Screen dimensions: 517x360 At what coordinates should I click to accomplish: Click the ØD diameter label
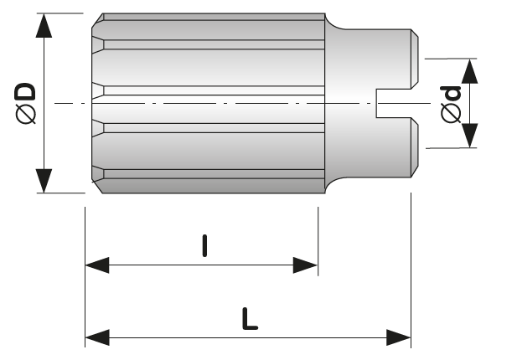pos(25,104)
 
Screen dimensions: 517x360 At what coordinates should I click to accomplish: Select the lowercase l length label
pos(204,245)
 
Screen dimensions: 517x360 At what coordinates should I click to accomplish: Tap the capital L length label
pos(250,319)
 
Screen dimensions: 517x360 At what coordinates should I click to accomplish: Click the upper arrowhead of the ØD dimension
pos(44,26)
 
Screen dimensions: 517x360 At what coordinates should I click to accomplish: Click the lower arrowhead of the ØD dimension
pos(44,181)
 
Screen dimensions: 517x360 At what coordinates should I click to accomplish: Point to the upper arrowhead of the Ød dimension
pos(469,71)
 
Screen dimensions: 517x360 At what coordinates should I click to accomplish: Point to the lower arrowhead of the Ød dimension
pos(469,136)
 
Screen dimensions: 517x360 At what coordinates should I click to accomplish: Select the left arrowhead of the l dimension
pos(97,265)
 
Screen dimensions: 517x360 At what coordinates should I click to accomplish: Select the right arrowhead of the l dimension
pos(305,265)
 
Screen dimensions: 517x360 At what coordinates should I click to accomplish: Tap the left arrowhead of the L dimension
pos(97,337)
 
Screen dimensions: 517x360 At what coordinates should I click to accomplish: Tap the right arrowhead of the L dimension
pos(398,337)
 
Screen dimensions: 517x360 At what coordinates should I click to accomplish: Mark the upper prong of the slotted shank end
pos(415,59)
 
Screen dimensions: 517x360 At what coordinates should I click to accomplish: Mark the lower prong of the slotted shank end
pos(415,147)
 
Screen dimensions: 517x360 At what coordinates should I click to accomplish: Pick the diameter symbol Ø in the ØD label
pos(25,115)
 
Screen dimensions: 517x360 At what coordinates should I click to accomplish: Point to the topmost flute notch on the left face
pos(97,44)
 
